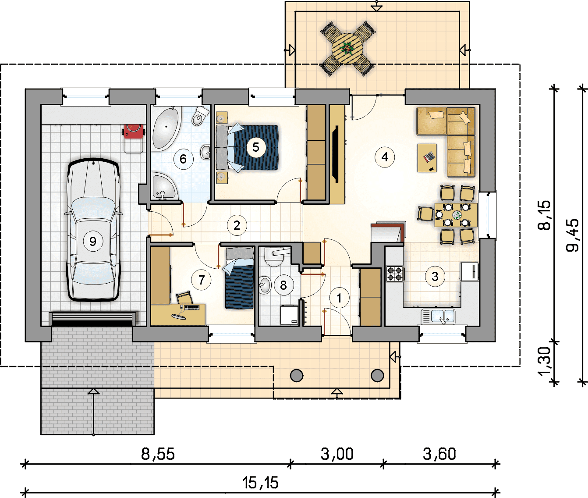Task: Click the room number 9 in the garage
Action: pyautogui.click(x=93, y=241)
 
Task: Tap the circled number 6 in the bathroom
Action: pyautogui.click(x=183, y=159)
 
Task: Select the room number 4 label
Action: pyautogui.click(x=385, y=157)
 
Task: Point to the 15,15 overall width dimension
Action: pyautogui.click(x=260, y=483)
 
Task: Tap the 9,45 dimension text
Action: pyautogui.click(x=572, y=235)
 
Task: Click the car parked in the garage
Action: pyautogui.click(x=93, y=230)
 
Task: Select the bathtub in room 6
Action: pyautogui.click(x=166, y=128)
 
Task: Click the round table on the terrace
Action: pyautogui.click(x=347, y=48)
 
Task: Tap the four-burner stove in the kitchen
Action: pyautogui.click(x=395, y=274)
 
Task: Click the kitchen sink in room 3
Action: pyautogui.click(x=438, y=316)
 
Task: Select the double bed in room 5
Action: pyautogui.click(x=247, y=148)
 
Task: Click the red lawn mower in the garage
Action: pyautogui.click(x=133, y=131)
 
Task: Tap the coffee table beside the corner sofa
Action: pyautogui.click(x=427, y=158)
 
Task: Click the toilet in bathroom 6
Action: pyautogui.click(x=200, y=116)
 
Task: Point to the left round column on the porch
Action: pyautogui.click(x=297, y=375)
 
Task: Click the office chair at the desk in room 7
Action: pyautogui.click(x=184, y=298)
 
